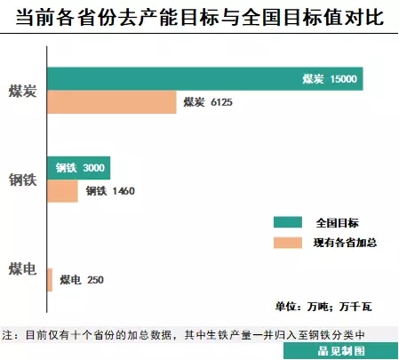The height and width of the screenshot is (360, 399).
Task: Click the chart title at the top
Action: [x=199, y=19]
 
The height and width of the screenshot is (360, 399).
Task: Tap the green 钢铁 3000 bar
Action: [x=77, y=167]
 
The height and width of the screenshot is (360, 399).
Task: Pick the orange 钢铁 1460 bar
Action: [x=62, y=190]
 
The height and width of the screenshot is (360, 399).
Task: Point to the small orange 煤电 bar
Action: [x=50, y=280]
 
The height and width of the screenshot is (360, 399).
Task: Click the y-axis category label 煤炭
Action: [x=21, y=91]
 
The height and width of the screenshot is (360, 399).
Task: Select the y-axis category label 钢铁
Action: [x=21, y=179]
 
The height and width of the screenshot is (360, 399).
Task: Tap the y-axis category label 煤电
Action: [x=21, y=268]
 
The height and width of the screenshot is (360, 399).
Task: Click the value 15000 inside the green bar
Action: [x=342, y=79]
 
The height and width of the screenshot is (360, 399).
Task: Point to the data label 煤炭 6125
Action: [x=207, y=102]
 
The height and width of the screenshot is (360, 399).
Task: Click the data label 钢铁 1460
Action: [x=109, y=190]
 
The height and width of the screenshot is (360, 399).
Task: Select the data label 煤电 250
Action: [x=82, y=280]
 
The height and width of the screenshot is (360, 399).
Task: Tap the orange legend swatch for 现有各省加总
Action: [x=288, y=242]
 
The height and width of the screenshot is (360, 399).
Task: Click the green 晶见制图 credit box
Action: [x=340, y=351]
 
